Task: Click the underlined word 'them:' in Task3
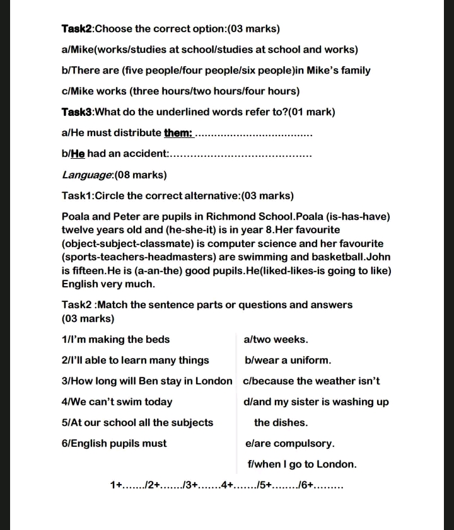tap(178, 133)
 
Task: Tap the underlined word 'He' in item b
tap(78, 154)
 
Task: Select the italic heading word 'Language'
tap(87, 175)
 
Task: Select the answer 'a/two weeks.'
tap(276, 340)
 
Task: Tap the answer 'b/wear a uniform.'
tap(288, 360)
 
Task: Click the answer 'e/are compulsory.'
tap(289, 444)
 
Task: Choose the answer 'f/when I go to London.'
tap(302, 464)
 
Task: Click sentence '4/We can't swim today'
tap(117, 402)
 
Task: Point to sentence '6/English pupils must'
tap(114, 444)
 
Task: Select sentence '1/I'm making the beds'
tap(115, 340)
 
